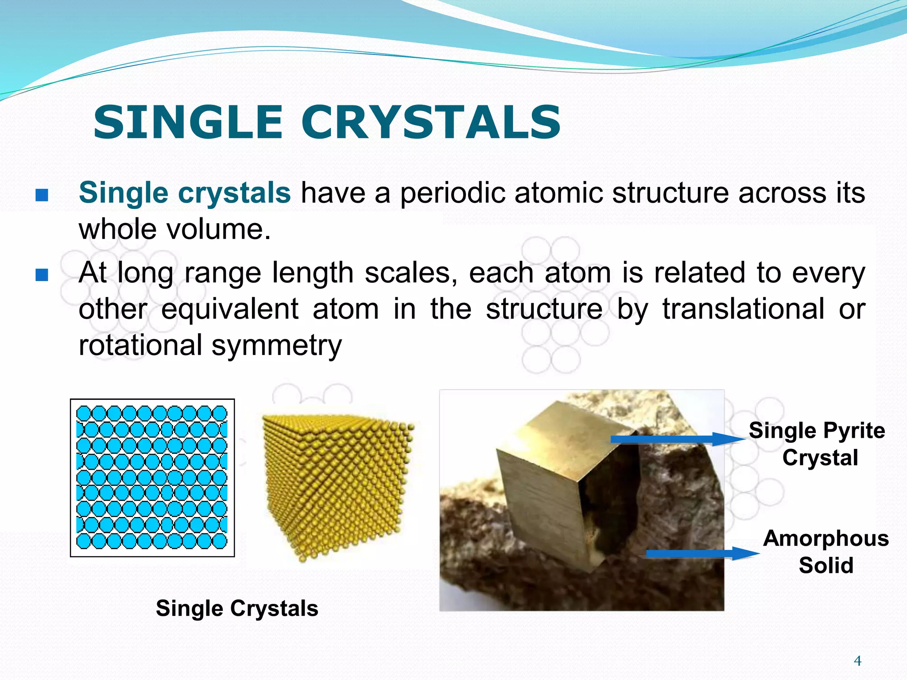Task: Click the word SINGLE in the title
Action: [x=188, y=122]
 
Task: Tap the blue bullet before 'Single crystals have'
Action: [x=42, y=195]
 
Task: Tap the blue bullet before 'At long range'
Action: [x=42, y=275]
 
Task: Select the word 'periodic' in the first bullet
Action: [x=452, y=193]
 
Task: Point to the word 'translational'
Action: [x=743, y=309]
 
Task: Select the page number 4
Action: [x=857, y=661]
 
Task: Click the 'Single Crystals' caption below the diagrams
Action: [x=237, y=608]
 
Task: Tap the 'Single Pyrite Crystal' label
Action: [x=817, y=444]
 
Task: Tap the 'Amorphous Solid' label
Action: [x=826, y=552]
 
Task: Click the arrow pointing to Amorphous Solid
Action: [x=702, y=553]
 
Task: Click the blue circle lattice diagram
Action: [x=152, y=477]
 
